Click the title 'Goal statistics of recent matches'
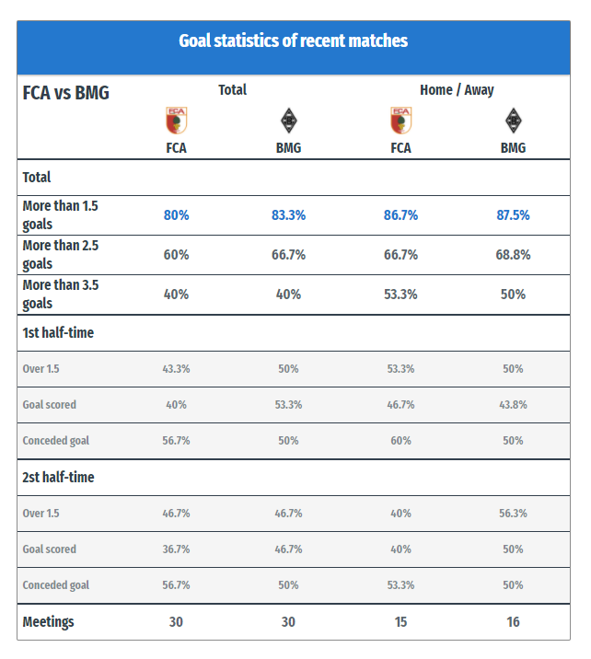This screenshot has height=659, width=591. [x=293, y=40]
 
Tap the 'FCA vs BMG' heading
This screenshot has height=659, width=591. [x=65, y=93]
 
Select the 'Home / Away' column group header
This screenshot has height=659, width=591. [x=457, y=90]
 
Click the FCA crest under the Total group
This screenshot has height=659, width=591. [x=176, y=121]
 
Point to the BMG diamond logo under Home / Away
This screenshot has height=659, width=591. [x=514, y=121]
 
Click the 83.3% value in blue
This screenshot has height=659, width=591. [x=288, y=215]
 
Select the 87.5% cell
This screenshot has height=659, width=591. [x=513, y=215]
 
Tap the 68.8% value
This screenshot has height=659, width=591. [x=513, y=255]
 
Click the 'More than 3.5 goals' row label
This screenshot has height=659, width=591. [x=61, y=295]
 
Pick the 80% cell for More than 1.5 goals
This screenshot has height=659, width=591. [x=176, y=215]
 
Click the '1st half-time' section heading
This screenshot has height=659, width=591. [x=58, y=333]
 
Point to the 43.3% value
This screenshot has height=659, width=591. [x=176, y=368]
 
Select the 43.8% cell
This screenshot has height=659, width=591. [x=513, y=405]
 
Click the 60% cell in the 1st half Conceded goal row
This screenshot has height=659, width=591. [x=400, y=441]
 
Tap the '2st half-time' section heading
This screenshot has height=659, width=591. [x=58, y=478]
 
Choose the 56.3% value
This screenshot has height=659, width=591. [x=513, y=514]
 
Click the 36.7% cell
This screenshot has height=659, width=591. [x=176, y=549]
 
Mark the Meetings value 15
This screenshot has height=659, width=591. [x=400, y=622]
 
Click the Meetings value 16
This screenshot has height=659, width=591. [x=513, y=622]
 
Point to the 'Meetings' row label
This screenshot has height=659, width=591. [x=48, y=622]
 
